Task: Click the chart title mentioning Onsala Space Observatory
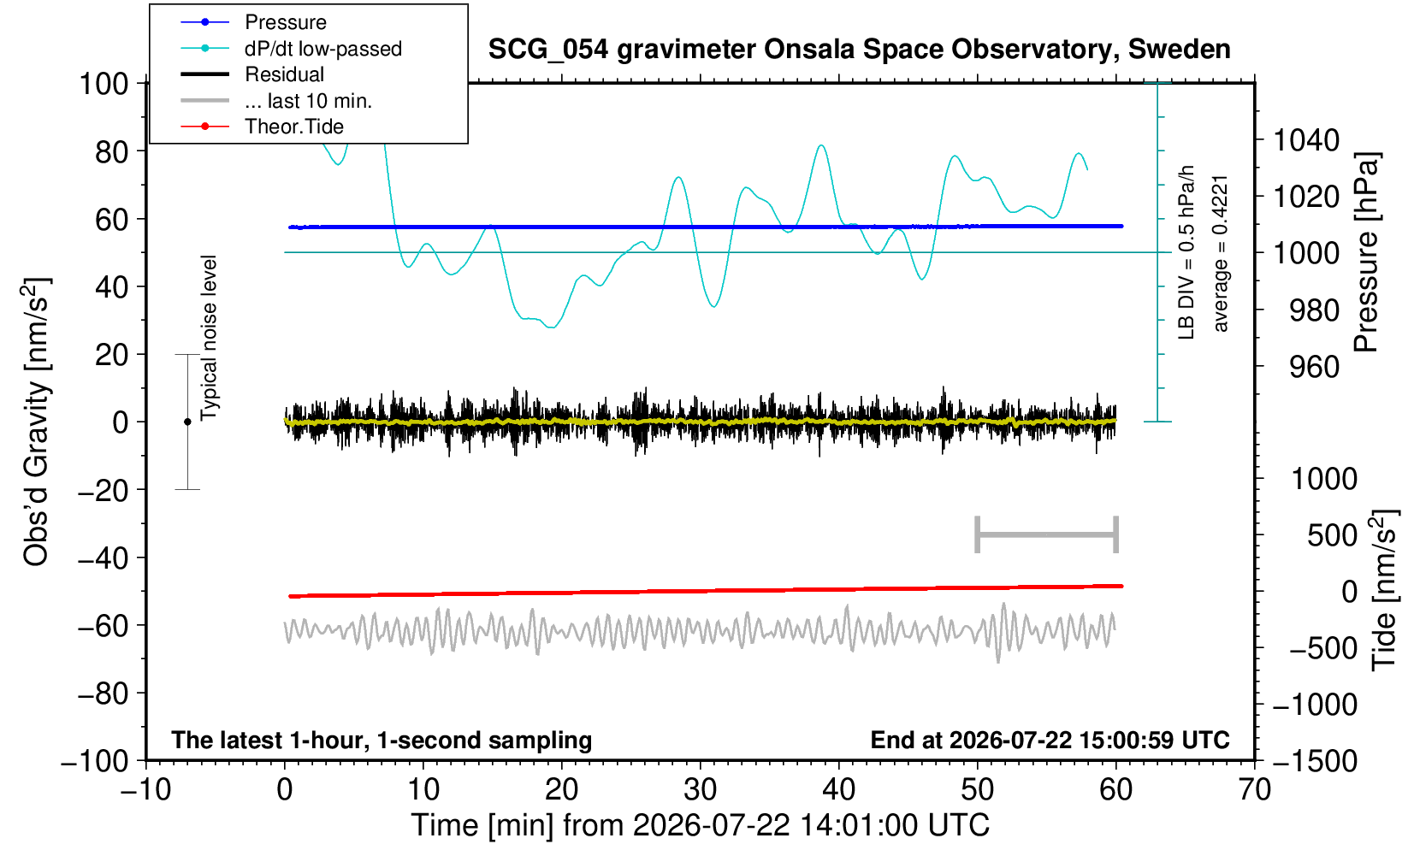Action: tap(859, 50)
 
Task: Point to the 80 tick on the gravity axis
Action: tap(112, 151)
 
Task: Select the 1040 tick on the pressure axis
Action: tap(1305, 139)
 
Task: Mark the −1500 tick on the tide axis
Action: tap(1315, 761)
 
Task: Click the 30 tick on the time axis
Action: tap(700, 790)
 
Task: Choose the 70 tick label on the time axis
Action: tap(1254, 790)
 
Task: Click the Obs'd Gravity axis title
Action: tap(36, 422)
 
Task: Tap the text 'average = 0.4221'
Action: tap(1221, 254)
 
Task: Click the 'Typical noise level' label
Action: tap(209, 338)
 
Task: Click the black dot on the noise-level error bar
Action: tap(187, 422)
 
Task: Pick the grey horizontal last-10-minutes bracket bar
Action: tap(1047, 534)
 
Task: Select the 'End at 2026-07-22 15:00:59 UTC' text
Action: tap(1050, 740)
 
